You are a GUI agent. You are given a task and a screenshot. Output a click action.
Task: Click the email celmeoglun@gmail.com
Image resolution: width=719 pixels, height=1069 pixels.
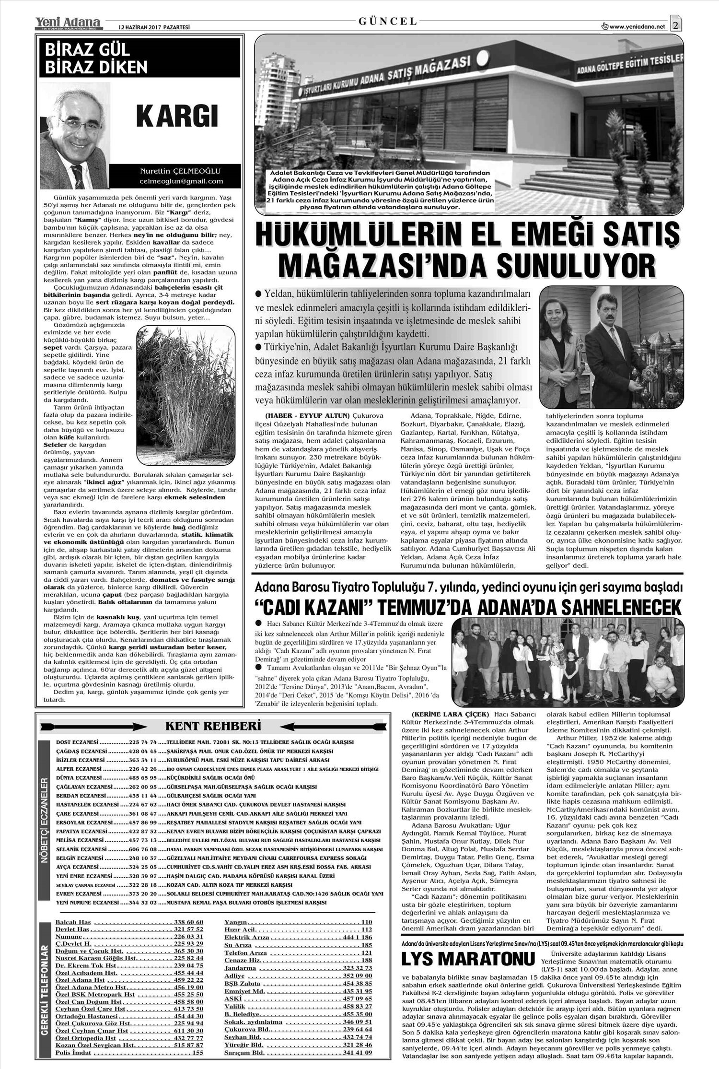point(181,181)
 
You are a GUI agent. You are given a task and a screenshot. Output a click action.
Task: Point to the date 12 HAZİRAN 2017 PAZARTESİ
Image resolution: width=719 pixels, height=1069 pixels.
point(148,27)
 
